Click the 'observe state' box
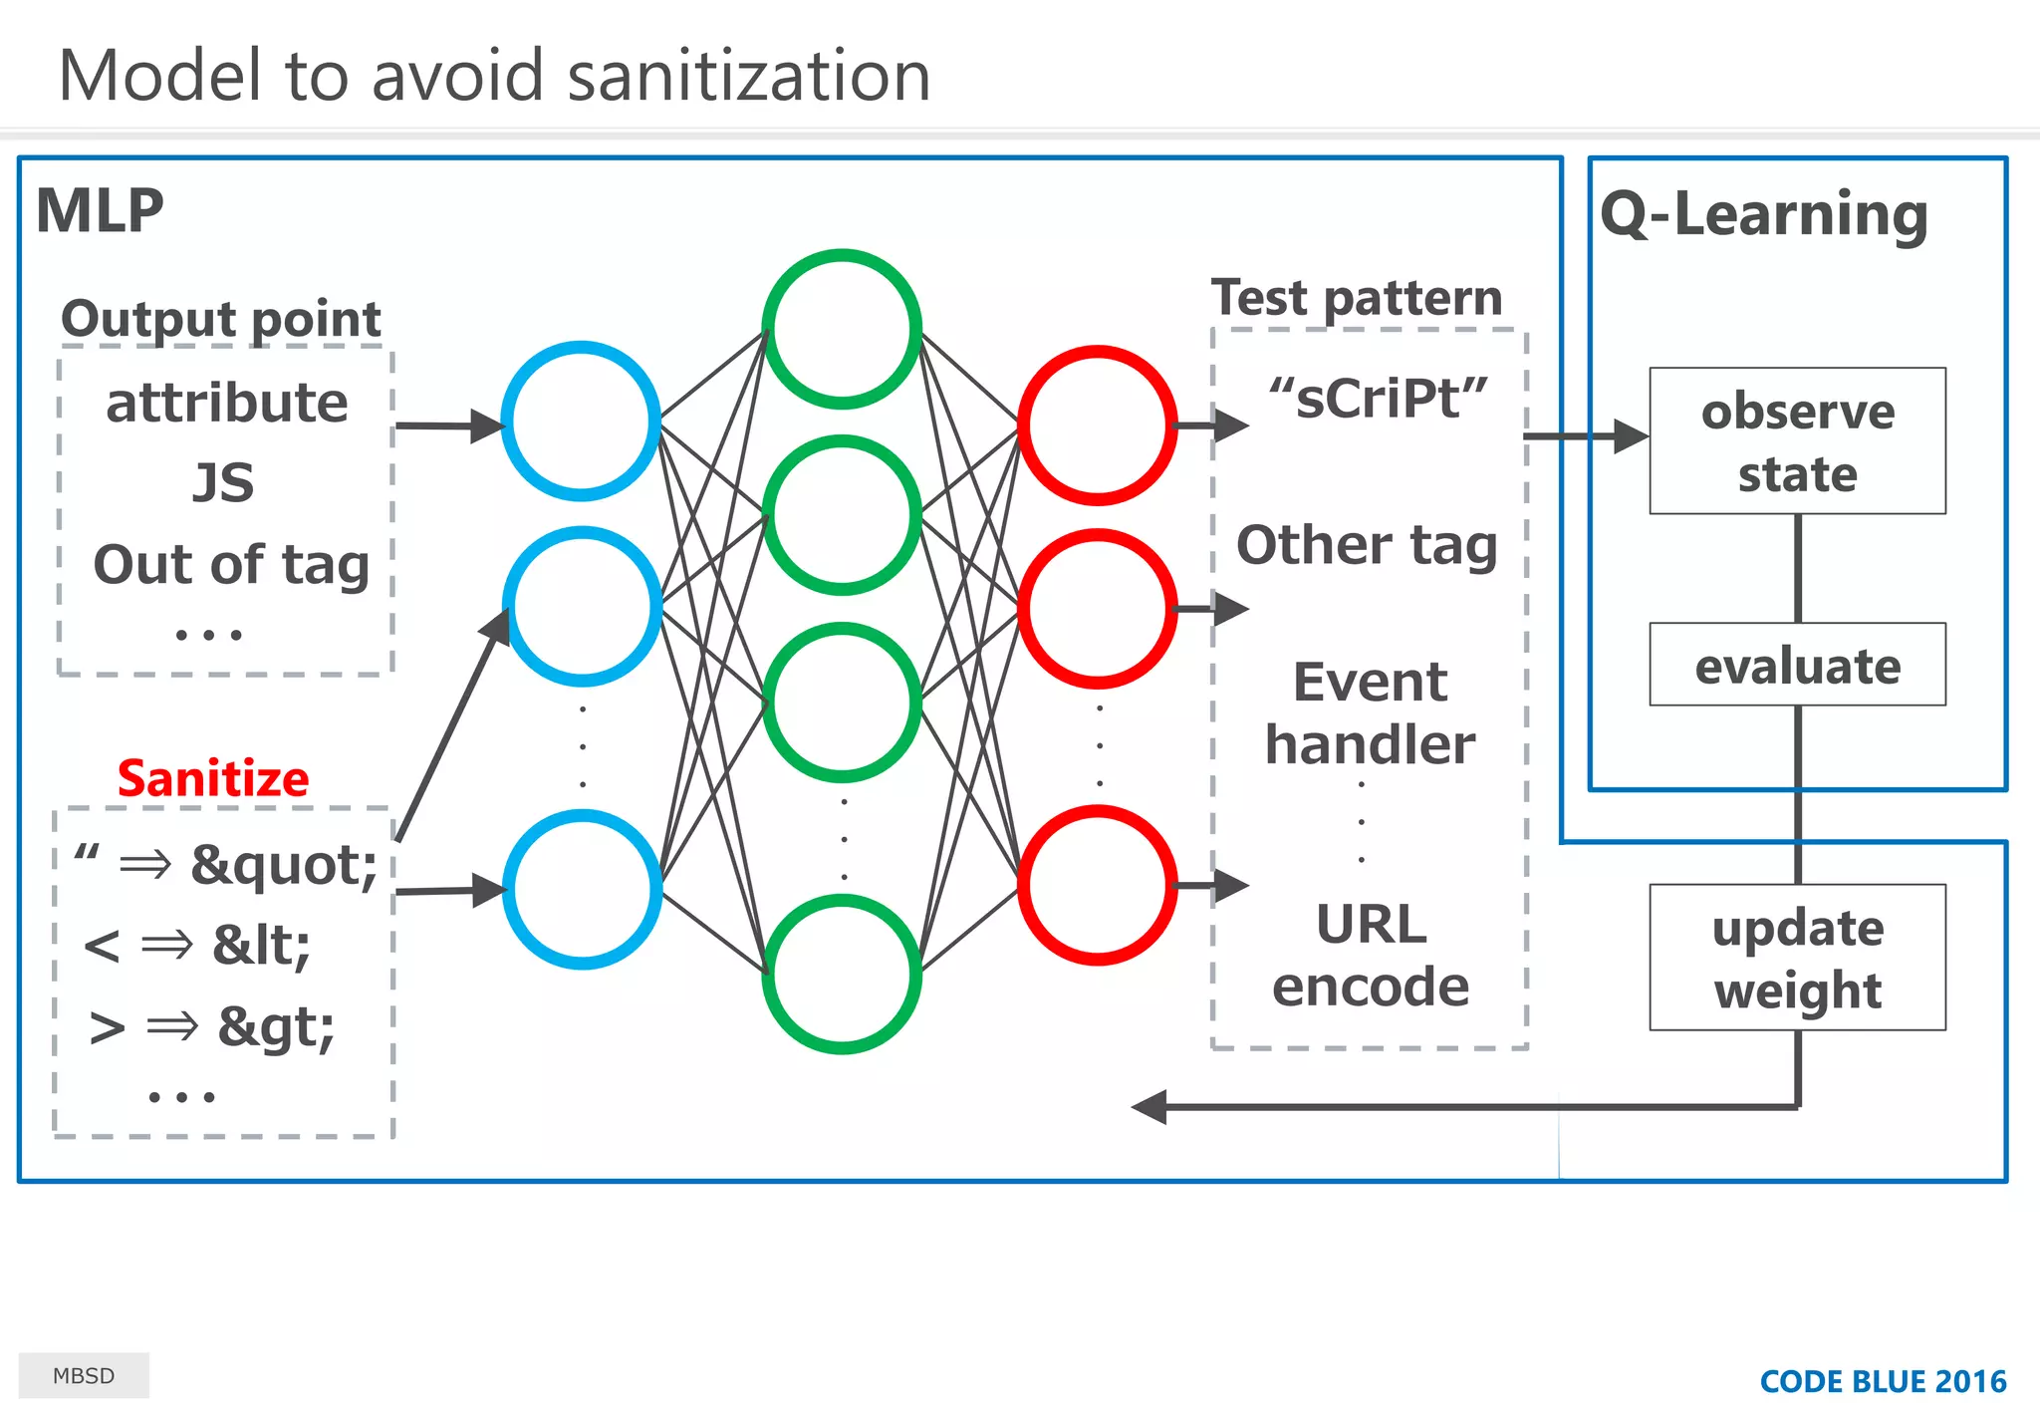coord(1797,441)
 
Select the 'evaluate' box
coord(1797,665)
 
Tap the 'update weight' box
coord(1797,958)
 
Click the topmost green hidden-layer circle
coord(842,329)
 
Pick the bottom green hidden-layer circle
coord(842,974)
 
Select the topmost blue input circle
coord(581,421)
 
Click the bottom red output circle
coord(1098,885)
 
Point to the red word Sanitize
coord(213,778)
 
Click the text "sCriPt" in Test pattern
coord(1379,399)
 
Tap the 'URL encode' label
coord(1371,955)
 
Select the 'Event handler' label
coord(1371,713)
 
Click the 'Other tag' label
coord(1367,546)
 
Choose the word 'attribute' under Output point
coord(227,403)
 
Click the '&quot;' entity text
coord(284,864)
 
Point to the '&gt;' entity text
coord(276,1026)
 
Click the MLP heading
coord(100,211)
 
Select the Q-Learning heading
coord(1764,214)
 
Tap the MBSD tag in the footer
coord(84,1375)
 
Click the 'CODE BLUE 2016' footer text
coord(1883,1381)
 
